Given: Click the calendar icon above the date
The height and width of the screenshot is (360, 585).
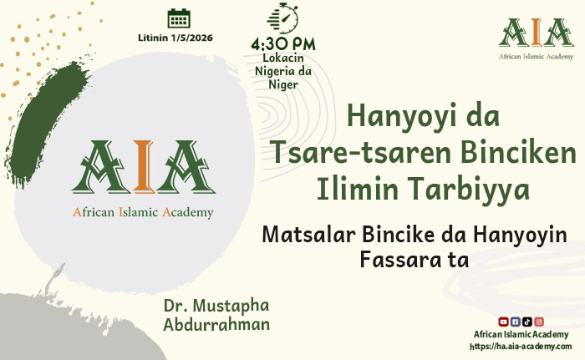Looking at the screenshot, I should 179,18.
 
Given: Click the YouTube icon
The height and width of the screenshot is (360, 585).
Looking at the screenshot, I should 503,322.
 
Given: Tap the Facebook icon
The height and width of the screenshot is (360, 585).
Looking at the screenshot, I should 515,322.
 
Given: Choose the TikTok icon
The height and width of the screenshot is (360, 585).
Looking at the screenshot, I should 527,322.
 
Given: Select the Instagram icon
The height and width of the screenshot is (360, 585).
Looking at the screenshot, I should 539,322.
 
